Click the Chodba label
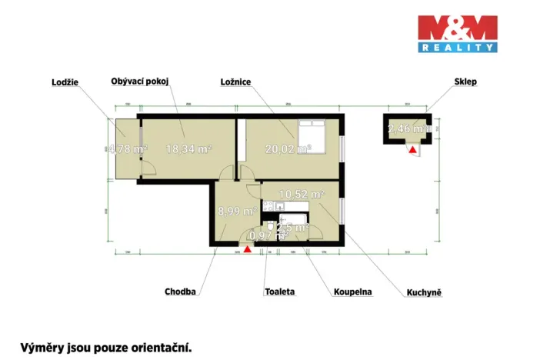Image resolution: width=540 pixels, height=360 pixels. click(180, 292)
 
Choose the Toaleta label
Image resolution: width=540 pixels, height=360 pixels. click(279, 292)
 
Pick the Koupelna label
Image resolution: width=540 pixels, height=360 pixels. click(353, 292)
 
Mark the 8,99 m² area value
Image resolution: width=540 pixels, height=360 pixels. click(235, 210)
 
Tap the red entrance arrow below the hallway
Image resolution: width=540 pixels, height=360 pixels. click(247, 248)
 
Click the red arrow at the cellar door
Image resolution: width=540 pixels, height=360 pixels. click(413, 150)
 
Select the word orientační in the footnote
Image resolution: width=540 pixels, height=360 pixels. click(155, 348)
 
